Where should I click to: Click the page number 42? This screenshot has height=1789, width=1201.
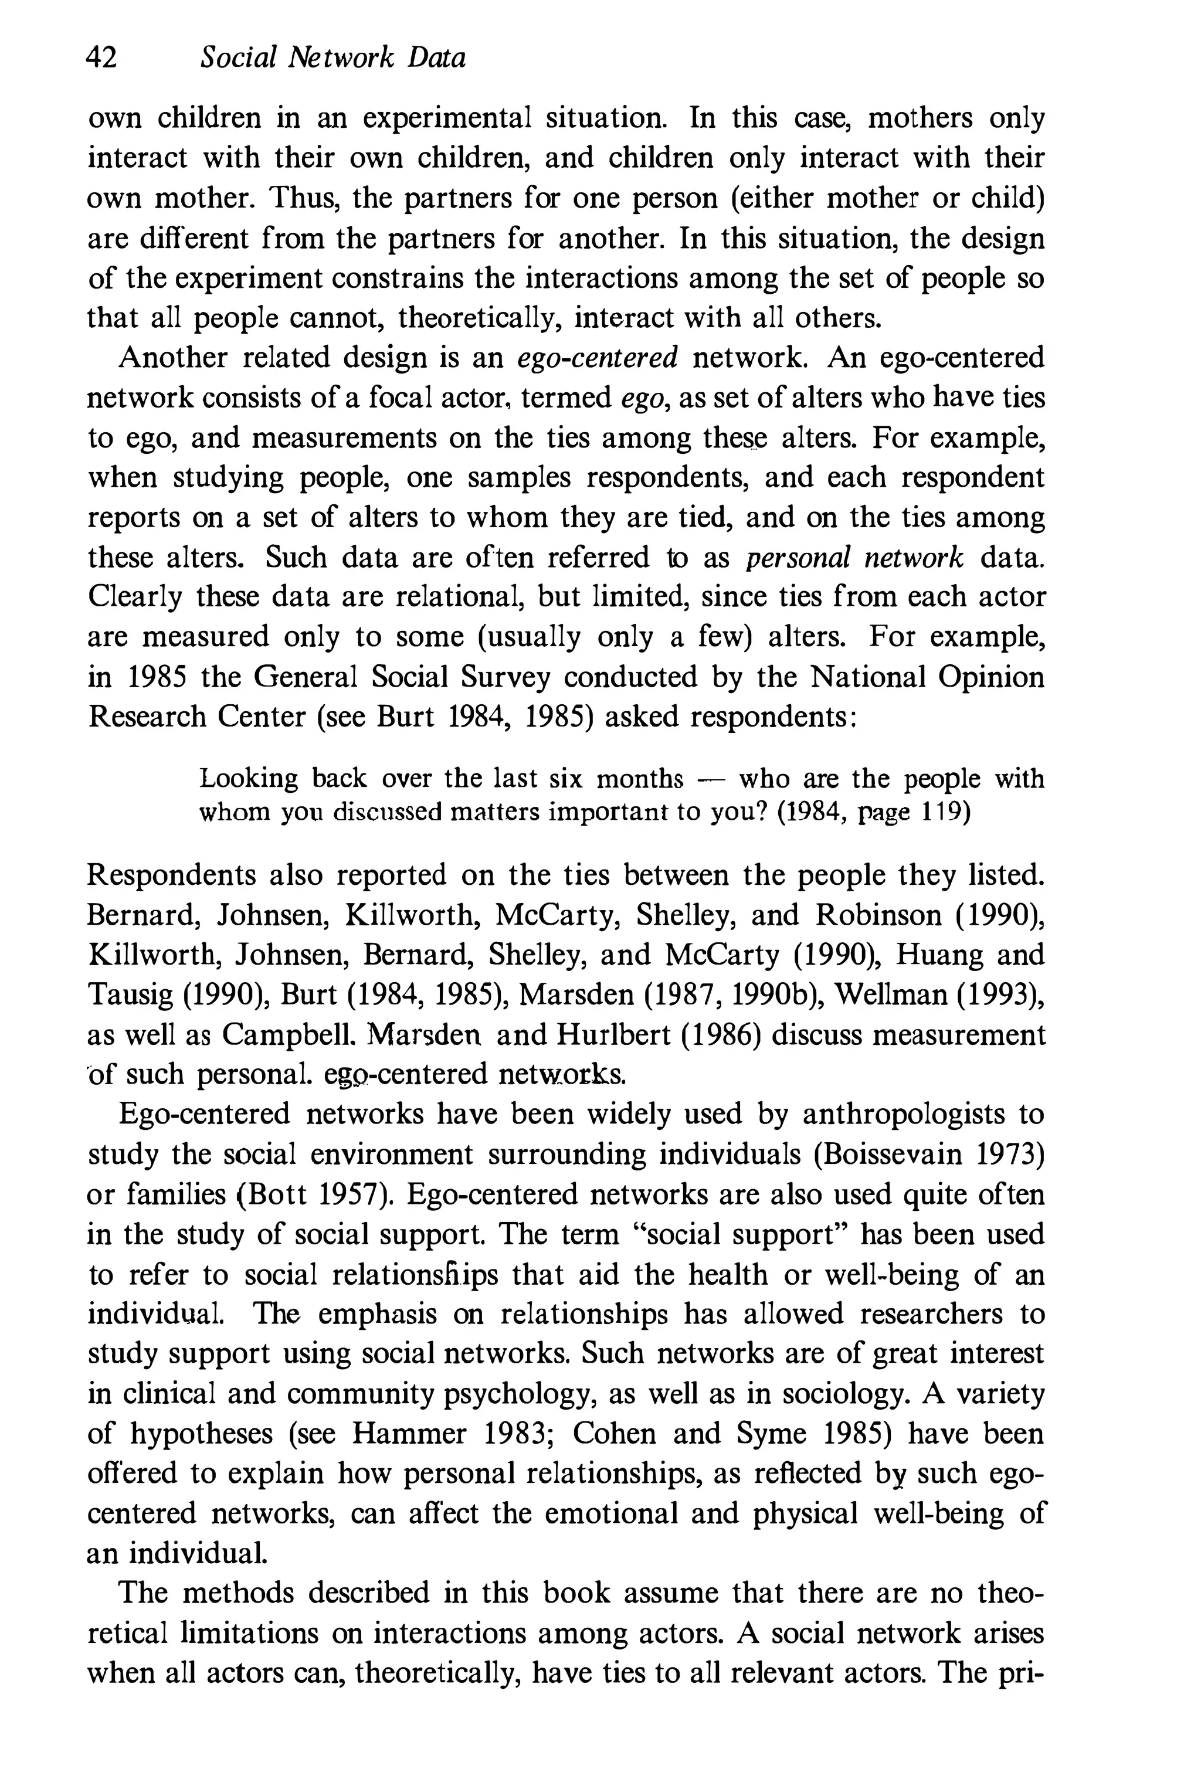(102, 57)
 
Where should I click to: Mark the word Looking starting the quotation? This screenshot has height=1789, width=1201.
(248, 779)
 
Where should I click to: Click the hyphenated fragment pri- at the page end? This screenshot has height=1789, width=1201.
(1020, 1672)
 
